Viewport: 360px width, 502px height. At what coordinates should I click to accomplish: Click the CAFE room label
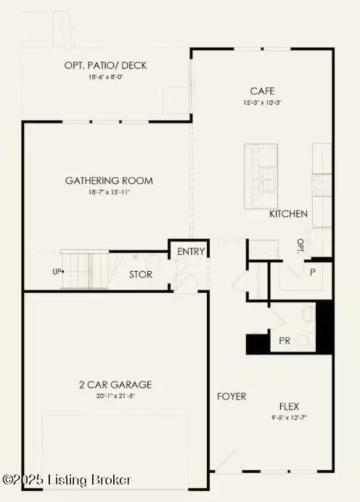click(x=261, y=91)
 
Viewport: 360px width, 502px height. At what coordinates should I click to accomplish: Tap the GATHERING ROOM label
click(x=109, y=181)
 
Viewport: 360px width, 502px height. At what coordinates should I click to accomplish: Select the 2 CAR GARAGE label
click(x=115, y=384)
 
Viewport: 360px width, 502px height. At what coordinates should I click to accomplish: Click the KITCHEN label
click(x=288, y=214)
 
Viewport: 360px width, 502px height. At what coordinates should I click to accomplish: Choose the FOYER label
click(x=232, y=397)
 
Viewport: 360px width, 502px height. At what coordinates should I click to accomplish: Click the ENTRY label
click(x=191, y=252)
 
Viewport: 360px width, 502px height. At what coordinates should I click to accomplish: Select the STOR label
click(x=141, y=275)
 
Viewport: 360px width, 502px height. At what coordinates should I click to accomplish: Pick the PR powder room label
click(x=285, y=340)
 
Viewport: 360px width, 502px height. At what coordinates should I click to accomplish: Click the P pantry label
click(x=313, y=272)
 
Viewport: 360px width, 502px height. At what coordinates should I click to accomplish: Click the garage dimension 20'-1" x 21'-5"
click(x=115, y=397)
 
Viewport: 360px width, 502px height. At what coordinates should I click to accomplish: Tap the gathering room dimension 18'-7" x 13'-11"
click(x=109, y=193)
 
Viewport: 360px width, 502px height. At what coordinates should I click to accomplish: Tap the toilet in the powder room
click(x=307, y=315)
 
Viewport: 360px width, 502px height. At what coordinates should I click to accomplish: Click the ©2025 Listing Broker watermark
click(x=67, y=479)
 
